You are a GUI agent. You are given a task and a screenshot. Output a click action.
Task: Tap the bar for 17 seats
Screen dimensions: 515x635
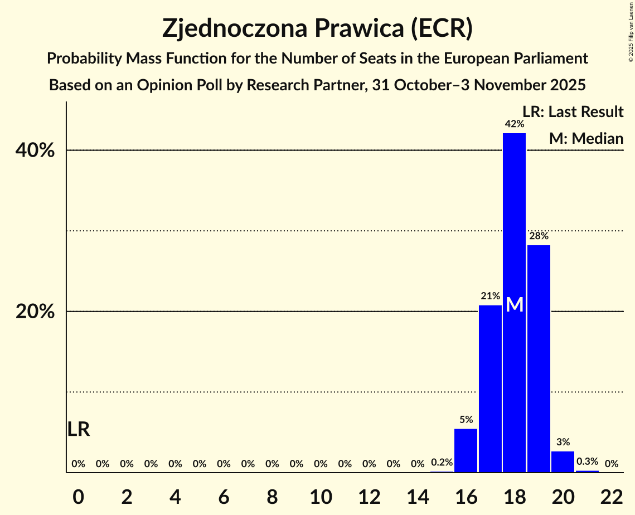coord(490,390)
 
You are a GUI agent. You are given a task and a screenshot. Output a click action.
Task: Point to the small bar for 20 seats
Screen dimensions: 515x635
coord(563,461)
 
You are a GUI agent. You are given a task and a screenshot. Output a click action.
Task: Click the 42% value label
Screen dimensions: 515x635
coord(514,124)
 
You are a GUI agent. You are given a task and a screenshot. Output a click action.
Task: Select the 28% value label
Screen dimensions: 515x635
coord(539,236)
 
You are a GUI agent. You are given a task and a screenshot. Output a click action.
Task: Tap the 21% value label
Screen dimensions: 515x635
coord(490,297)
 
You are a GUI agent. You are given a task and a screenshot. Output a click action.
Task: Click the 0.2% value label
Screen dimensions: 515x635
coord(442,463)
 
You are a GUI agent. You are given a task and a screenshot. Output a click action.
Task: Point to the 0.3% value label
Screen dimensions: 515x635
coord(587,461)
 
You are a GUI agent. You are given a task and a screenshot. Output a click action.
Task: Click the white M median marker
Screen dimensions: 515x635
coord(515,305)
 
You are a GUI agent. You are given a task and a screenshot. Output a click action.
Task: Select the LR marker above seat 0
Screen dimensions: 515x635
coord(79,429)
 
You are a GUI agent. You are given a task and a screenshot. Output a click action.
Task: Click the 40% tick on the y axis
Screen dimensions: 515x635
coord(35,150)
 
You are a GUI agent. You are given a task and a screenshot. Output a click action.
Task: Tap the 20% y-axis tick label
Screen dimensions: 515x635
coord(35,312)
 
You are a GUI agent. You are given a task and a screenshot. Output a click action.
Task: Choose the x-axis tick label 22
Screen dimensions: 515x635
coord(612,496)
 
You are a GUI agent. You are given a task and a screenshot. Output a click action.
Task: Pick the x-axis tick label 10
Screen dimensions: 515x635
coord(321,496)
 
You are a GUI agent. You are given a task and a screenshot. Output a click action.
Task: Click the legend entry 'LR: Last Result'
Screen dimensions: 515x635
coord(573,112)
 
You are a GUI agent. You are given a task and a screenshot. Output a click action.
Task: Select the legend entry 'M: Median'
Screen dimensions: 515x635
coord(586,139)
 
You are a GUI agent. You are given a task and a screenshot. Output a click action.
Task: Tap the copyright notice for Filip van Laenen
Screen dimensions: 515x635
coord(631,31)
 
